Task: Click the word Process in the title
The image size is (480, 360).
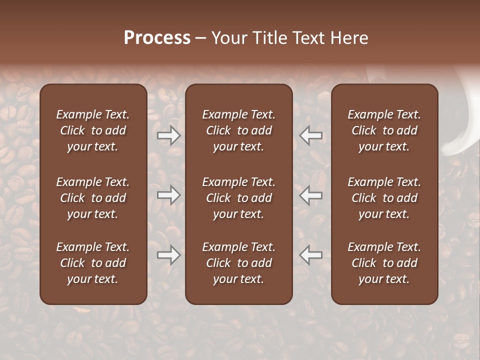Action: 157,38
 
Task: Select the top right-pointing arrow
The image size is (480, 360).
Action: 169,135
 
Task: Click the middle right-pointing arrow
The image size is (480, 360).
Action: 169,195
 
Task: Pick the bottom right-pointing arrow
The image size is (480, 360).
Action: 169,255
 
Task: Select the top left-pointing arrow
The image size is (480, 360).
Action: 310,135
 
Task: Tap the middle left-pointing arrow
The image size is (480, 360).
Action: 310,195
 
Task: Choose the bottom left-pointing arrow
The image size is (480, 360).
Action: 310,255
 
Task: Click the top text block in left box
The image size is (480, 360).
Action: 93,130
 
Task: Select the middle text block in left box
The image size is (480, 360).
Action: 93,198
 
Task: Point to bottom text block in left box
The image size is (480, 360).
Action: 93,263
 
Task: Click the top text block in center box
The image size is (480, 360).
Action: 239,130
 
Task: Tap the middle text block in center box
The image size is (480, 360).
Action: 239,198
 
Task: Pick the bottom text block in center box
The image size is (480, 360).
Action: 239,263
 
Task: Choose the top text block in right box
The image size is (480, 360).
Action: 384,130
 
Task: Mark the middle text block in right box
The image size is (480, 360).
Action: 384,198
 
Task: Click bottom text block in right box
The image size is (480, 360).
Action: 384,263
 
